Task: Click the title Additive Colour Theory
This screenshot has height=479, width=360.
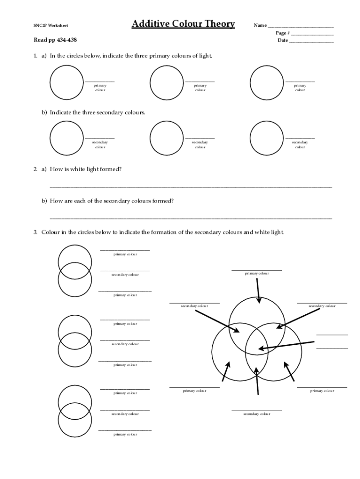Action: point(183,24)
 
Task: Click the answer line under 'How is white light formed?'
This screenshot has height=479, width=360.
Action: point(191,187)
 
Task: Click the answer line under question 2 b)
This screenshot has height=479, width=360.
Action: point(191,218)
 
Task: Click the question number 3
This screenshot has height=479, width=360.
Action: point(35,232)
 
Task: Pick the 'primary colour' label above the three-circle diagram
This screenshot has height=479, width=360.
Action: point(257,273)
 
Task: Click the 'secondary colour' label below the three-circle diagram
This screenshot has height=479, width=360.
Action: point(257,414)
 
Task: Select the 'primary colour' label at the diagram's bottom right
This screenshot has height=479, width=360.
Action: point(322,391)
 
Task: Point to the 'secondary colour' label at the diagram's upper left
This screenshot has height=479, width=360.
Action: point(194,306)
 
